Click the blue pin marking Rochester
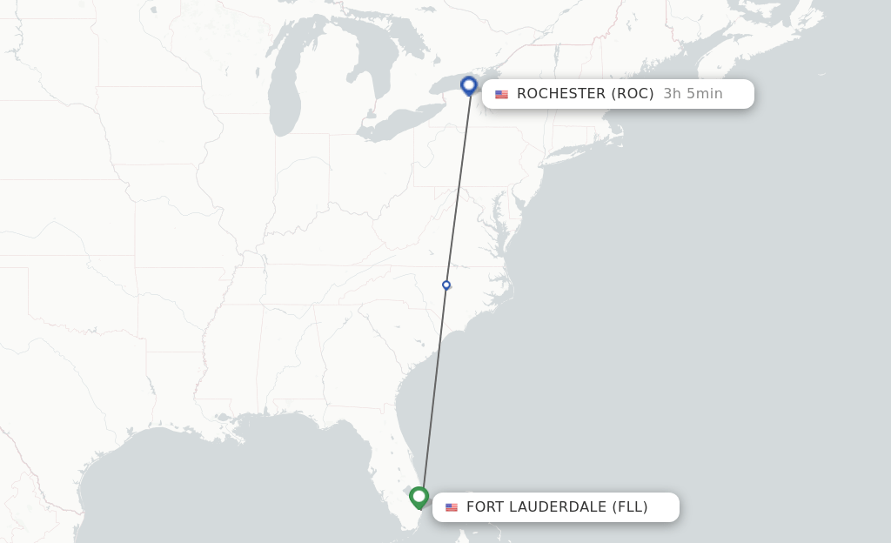click(x=469, y=85)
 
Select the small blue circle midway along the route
click(x=446, y=285)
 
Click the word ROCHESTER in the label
click(x=561, y=94)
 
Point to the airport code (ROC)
click(x=633, y=94)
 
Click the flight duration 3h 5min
click(x=693, y=94)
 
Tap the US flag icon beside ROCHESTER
click(x=502, y=95)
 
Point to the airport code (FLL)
click(x=630, y=507)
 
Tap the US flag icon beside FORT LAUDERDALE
click(x=452, y=507)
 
